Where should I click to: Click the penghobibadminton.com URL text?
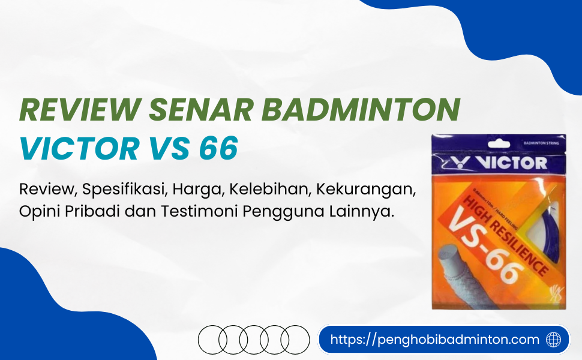pyautogui.click(x=435, y=340)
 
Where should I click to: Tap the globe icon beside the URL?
pyautogui.click(x=554, y=340)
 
